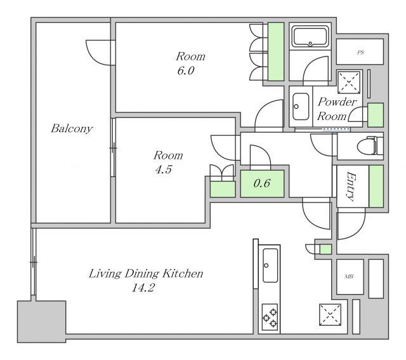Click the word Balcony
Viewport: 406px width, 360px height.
click(72, 128)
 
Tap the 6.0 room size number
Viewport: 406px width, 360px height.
click(186, 70)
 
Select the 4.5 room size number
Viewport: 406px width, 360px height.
click(164, 170)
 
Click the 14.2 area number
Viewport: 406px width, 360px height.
click(143, 288)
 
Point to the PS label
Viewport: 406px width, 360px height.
click(360, 52)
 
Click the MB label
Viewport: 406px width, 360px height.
click(349, 277)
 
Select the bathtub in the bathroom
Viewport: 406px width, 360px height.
click(310, 37)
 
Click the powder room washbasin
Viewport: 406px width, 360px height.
click(301, 106)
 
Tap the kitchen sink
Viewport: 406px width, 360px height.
click(270, 265)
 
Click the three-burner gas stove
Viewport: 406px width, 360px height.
click(270, 317)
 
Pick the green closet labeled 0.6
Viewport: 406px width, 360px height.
click(262, 183)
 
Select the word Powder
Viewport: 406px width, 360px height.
click(337, 102)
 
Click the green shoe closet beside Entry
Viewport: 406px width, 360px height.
click(376, 186)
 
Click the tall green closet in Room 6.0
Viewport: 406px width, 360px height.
click(276, 51)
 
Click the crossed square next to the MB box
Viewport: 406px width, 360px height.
click(330, 315)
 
